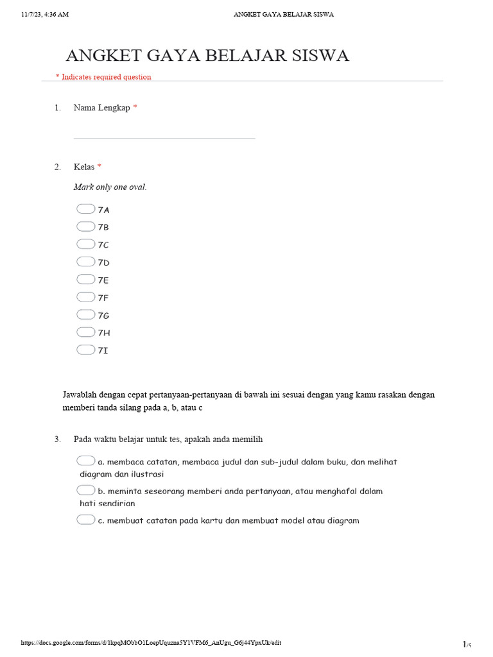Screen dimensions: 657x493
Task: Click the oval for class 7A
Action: click(x=85, y=209)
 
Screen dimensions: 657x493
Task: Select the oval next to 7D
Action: click(x=85, y=262)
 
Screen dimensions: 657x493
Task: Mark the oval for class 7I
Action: click(x=85, y=350)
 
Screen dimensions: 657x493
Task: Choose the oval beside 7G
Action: click(x=85, y=314)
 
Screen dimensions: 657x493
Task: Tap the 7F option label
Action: click(x=103, y=298)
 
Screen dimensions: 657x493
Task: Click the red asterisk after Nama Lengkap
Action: click(x=135, y=108)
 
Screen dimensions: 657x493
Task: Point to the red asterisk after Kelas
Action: click(x=99, y=167)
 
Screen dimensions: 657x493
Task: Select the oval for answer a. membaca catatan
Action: click(x=85, y=461)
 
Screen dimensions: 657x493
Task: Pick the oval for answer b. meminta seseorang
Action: click(x=85, y=490)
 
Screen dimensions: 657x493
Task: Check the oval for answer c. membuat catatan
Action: click(x=85, y=520)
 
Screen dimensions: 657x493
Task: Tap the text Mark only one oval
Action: click(x=110, y=187)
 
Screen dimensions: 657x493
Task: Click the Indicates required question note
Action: click(x=106, y=77)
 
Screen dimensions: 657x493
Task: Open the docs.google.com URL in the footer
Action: click(x=151, y=643)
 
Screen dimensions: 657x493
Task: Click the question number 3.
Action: click(x=57, y=439)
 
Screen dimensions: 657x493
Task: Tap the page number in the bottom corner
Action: click(x=466, y=644)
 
